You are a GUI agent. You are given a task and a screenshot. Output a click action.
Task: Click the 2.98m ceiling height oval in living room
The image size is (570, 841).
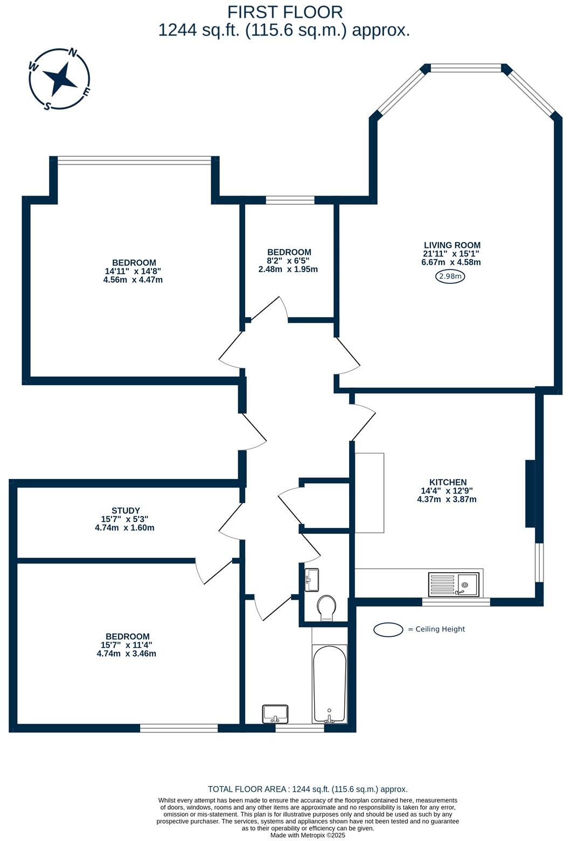coord(450,277)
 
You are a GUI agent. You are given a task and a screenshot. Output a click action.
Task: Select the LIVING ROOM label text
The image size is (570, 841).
coord(451,245)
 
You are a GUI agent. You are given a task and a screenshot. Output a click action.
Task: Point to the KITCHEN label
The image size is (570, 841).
coord(448,482)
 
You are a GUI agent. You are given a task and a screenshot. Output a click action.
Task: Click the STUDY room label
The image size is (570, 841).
coord(126,511)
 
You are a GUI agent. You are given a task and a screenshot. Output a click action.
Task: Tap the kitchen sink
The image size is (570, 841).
coord(453,584)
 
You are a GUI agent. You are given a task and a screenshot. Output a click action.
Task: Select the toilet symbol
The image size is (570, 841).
coord(326,607)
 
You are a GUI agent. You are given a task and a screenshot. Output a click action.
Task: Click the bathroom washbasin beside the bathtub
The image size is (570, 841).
coord(275,714)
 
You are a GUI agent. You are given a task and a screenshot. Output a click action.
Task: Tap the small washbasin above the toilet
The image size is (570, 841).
coord(311,580)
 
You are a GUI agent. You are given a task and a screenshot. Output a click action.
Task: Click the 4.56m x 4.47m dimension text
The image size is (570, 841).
coord(133,280)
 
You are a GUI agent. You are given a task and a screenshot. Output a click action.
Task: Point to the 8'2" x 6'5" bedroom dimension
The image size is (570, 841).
coord(289,261)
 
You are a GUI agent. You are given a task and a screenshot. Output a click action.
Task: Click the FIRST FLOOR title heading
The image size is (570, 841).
coord(284,12)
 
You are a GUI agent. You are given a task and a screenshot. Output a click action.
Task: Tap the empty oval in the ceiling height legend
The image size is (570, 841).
coord(388,629)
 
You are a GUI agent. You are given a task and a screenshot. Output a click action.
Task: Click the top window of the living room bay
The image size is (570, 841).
coord(465,68)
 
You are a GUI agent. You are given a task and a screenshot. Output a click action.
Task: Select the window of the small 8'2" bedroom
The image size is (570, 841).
coord(290,200)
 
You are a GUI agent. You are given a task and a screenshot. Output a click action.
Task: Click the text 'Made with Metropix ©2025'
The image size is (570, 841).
coord(307,835)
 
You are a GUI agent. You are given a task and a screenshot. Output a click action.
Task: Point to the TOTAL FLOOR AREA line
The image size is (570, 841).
coord(307,789)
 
